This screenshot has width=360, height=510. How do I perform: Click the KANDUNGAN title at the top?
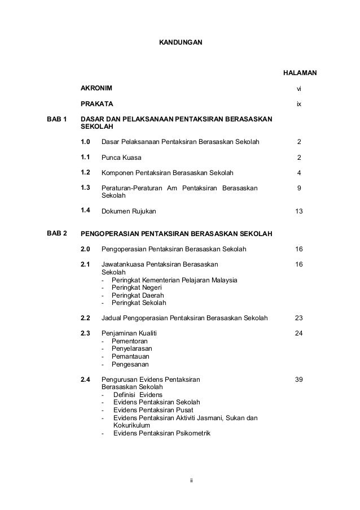(x=179, y=42)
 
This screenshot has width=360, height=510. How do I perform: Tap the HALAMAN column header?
(x=299, y=73)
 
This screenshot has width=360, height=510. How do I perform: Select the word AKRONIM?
(x=96, y=89)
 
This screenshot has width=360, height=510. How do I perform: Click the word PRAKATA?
(x=97, y=104)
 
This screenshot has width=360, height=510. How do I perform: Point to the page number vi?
(x=299, y=89)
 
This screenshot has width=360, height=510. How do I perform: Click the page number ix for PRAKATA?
(x=299, y=104)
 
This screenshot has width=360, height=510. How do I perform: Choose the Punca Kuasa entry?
(x=121, y=157)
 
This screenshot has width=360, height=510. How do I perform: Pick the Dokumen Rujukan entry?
(x=129, y=211)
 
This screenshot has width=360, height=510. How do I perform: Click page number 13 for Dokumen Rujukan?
(x=299, y=211)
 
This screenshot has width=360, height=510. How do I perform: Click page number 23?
(x=299, y=317)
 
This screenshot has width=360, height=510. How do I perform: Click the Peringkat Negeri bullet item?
(x=135, y=287)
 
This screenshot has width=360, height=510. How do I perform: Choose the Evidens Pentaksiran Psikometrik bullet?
(x=161, y=433)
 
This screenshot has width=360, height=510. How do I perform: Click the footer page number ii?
(x=191, y=480)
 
